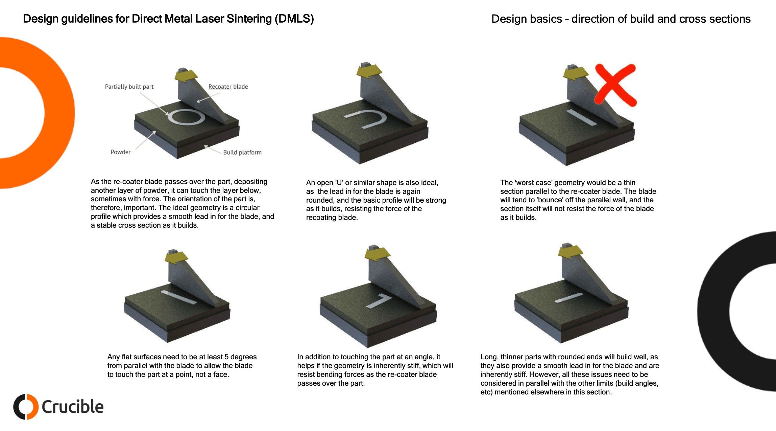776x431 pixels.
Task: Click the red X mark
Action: pyautogui.click(x=615, y=85)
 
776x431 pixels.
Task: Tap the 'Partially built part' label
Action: pyautogui.click(x=129, y=87)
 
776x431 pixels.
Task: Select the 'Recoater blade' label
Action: pyautogui.click(x=228, y=87)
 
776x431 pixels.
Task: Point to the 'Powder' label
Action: pyautogui.click(x=120, y=152)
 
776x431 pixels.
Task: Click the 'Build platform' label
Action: pyautogui.click(x=242, y=152)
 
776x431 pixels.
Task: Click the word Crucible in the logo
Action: pyautogui.click(x=72, y=407)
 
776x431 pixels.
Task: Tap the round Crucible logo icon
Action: pyautogui.click(x=26, y=407)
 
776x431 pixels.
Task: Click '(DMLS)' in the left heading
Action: pyautogui.click(x=294, y=19)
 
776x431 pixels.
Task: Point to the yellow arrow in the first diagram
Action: pyautogui.click(x=186, y=76)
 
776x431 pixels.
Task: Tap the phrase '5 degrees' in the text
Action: pyautogui.click(x=240, y=357)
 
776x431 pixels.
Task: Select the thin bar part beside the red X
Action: pyautogui.click(x=581, y=117)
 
